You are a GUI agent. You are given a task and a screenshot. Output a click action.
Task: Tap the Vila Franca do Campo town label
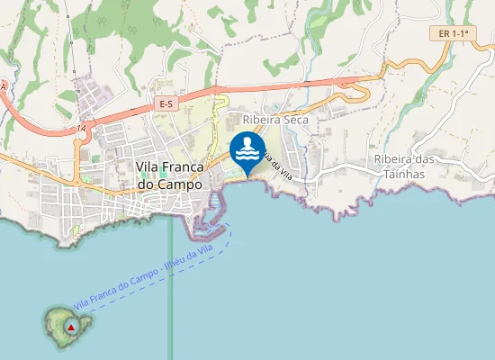tap(170, 175)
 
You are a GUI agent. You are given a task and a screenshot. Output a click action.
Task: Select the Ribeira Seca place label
tap(275, 119)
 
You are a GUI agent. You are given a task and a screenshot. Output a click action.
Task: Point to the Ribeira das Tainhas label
tap(404, 166)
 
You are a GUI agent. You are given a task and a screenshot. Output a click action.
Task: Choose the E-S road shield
tap(165, 104)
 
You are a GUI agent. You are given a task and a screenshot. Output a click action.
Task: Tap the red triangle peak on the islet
tap(71, 327)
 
